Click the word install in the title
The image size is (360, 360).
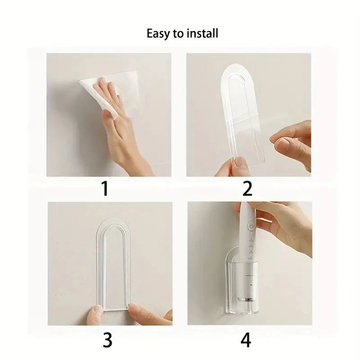tap(203, 33)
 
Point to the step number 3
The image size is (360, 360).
tap(107, 340)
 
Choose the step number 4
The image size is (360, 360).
tap(246, 340)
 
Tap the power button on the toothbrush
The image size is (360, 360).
tap(251, 227)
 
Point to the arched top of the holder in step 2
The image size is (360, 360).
tap(238, 72)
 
